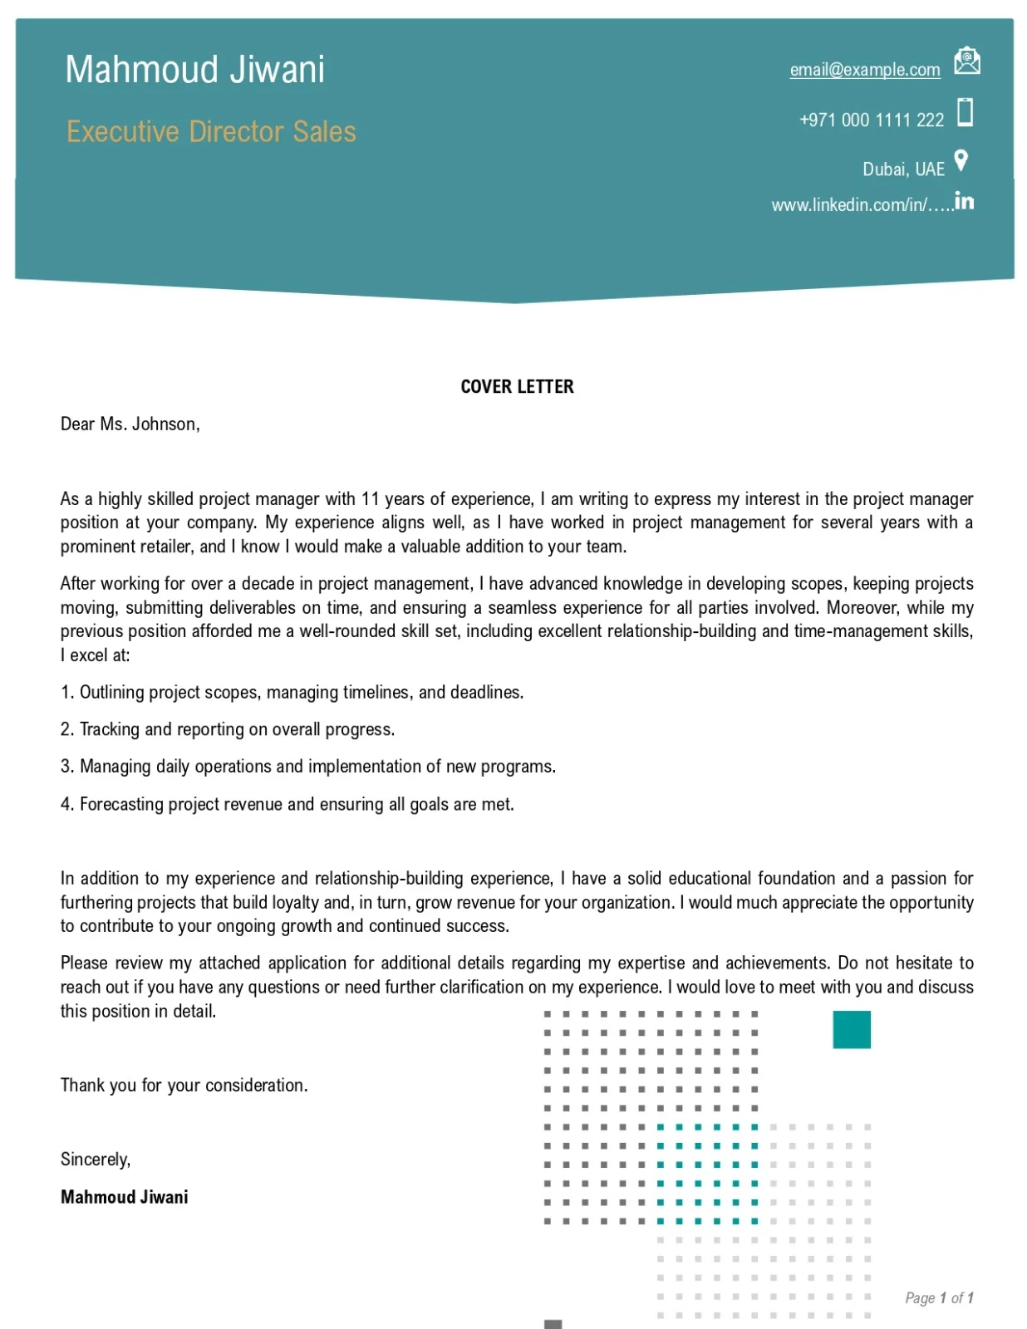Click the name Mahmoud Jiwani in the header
(194, 70)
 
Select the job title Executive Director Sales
(211, 132)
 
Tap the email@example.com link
(864, 70)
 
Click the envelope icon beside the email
(966, 61)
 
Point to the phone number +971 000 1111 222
(871, 120)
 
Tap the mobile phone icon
(965, 112)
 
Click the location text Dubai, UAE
(903, 169)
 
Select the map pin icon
(961, 160)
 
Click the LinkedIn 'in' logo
(964, 201)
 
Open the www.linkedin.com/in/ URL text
(861, 205)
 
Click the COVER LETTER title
(517, 387)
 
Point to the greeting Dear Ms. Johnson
(130, 424)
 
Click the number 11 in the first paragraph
(370, 499)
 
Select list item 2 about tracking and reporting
(227, 729)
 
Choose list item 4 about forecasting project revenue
(287, 804)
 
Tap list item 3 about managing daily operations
(307, 767)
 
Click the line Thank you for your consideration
(184, 1086)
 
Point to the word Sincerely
(95, 1160)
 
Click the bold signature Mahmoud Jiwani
(124, 1197)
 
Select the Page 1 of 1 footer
(938, 1298)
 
